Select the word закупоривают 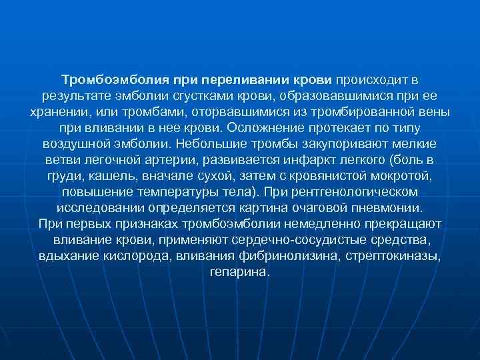357,143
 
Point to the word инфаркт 303,159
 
